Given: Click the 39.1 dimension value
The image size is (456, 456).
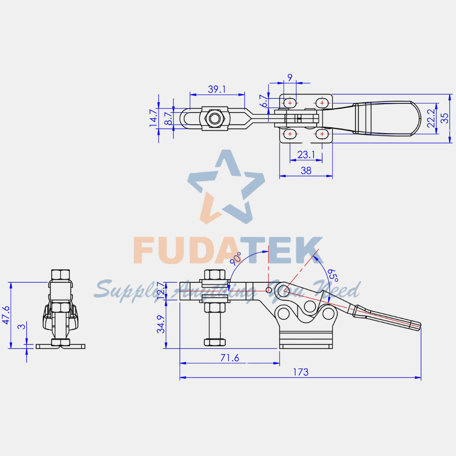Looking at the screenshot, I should click(217, 89).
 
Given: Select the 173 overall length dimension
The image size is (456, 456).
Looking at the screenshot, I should click(301, 372).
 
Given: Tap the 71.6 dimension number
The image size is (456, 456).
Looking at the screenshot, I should click(230, 358).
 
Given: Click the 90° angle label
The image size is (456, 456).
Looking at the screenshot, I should click(236, 259).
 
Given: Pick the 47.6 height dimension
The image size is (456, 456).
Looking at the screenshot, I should click(5, 315).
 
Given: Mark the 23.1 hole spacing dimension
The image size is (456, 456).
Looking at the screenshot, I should click(306, 155).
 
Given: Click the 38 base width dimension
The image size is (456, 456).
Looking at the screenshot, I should click(306, 171).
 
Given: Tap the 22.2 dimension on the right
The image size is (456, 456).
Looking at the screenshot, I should click(431, 118).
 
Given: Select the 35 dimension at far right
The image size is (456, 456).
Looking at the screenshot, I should click(444, 118).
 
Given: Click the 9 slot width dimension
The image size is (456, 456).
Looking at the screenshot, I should click(290, 77).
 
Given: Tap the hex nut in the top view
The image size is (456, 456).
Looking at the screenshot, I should click(216, 119).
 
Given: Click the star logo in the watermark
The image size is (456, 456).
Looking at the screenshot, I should click(226, 187).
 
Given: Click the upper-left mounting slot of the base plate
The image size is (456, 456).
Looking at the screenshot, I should click(290, 103).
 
